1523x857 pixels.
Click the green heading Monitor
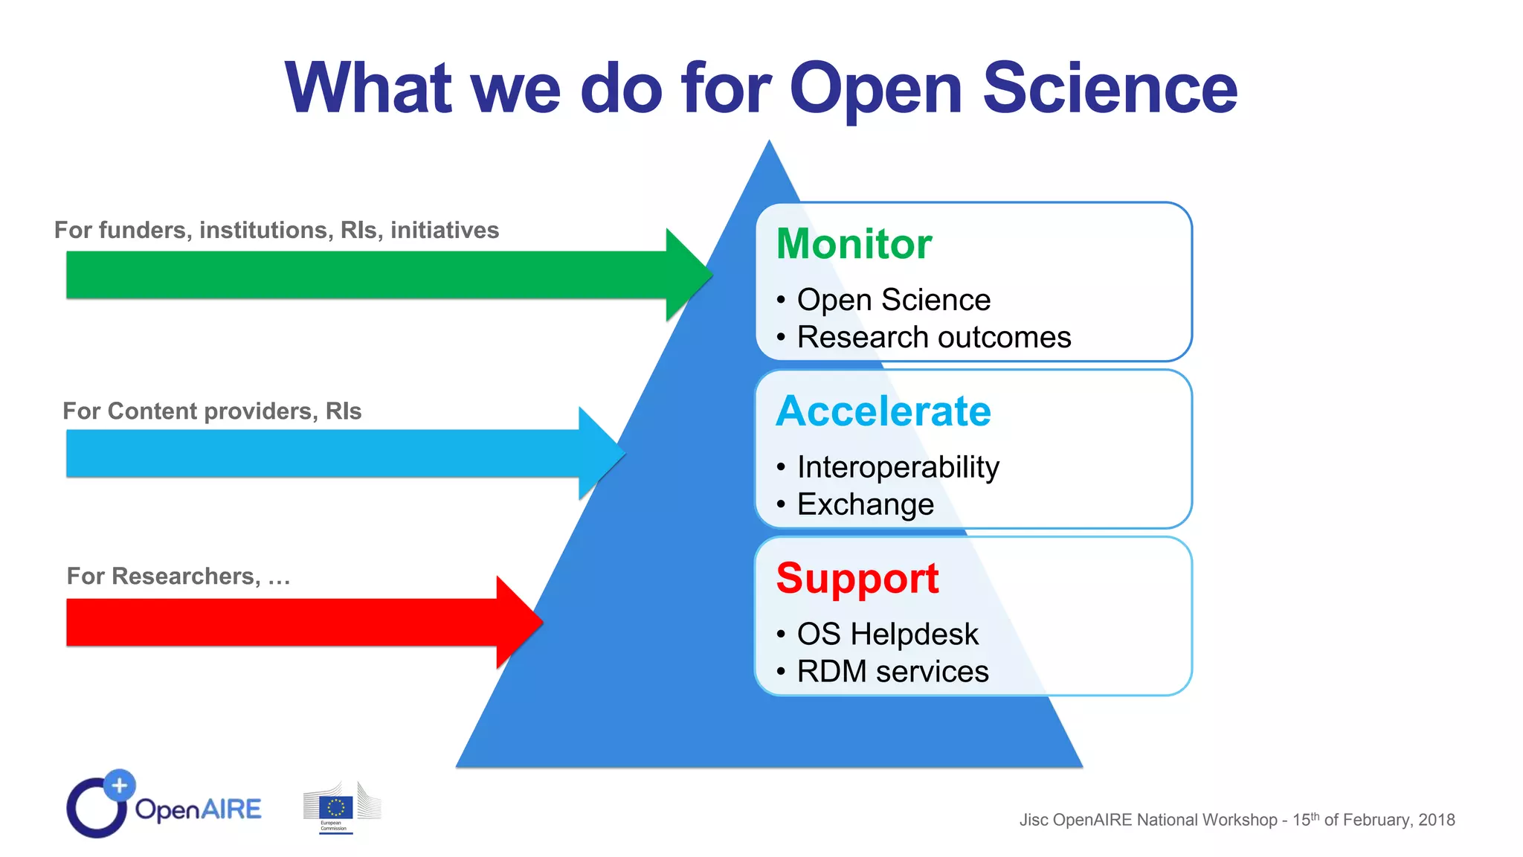(x=854, y=244)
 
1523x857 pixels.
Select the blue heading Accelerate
(x=883, y=411)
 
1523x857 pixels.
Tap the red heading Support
(x=857, y=578)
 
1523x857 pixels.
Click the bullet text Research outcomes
(x=934, y=338)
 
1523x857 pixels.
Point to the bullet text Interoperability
(x=898, y=467)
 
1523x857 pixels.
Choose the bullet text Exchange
(x=866, y=504)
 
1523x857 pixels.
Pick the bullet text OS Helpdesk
(x=888, y=635)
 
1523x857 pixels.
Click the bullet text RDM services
(x=892, y=672)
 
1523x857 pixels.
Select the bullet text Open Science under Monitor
(x=894, y=300)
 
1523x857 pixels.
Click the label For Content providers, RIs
(x=212, y=411)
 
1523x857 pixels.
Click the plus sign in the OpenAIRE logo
(x=119, y=785)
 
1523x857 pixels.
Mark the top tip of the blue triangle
(x=769, y=143)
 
